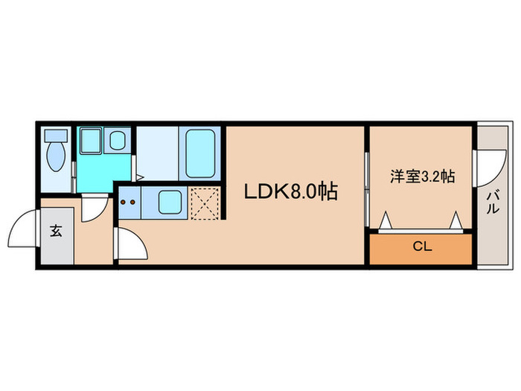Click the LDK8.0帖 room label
point(292,192)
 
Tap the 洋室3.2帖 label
point(423,177)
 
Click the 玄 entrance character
point(56,230)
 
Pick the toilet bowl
point(56,159)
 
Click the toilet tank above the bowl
point(56,136)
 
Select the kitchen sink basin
point(170,201)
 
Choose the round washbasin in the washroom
point(118,139)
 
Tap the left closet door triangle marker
point(386,220)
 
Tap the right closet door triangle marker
point(456,220)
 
